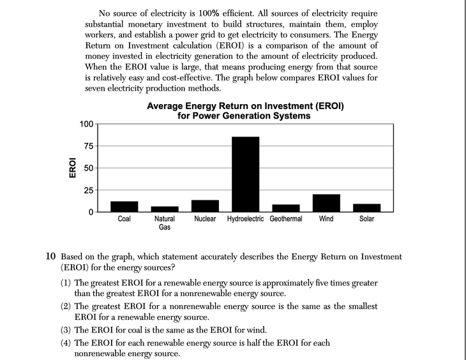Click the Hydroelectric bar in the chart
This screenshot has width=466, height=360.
pyautogui.click(x=245, y=174)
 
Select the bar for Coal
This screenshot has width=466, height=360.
pyautogui.click(x=124, y=206)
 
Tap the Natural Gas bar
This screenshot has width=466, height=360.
pyautogui.click(x=165, y=209)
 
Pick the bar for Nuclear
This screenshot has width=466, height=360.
pyautogui.click(x=205, y=206)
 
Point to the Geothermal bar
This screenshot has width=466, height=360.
pyautogui.click(x=285, y=208)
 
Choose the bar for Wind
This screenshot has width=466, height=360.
pyautogui.click(x=326, y=203)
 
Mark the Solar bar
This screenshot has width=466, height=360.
pyautogui.click(x=366, y=207)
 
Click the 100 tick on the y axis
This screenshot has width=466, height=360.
pyautogui.click(x=86, y=124)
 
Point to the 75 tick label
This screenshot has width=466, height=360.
pyautogui.click(x=89, y=146)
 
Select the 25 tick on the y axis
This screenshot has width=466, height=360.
pyautogui.click(x=89, y=190)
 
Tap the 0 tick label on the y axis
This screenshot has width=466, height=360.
pyautogui.click(x=91, y=212)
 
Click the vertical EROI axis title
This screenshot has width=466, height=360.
pyautogui.click(x=72, y=168)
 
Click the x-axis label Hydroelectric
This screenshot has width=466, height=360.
pyautogui.click(x=246, y=219)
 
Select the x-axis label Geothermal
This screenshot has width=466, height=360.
pyautogui.click(x=285, y=219)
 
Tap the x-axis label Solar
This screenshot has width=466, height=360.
pyautogui.click(x=366, y=219)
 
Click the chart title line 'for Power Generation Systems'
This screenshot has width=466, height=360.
pyautogui.click(x=245, y=116)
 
